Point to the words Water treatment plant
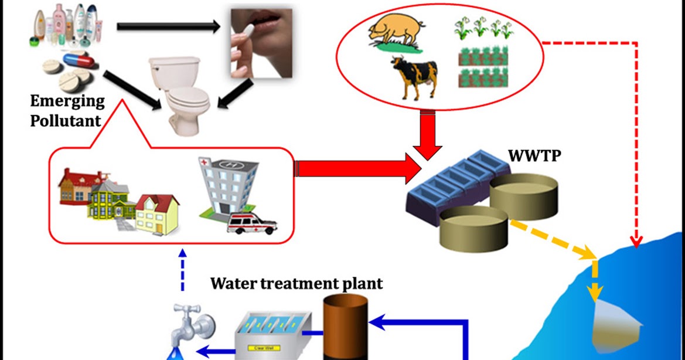pyautogui.click(x=296, y=284)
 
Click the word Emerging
pyautogui.click(x=67, y=101)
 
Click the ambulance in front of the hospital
pyautogui.click(x=252, y=223)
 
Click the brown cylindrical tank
pyautogui.click(x=346, y=325)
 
